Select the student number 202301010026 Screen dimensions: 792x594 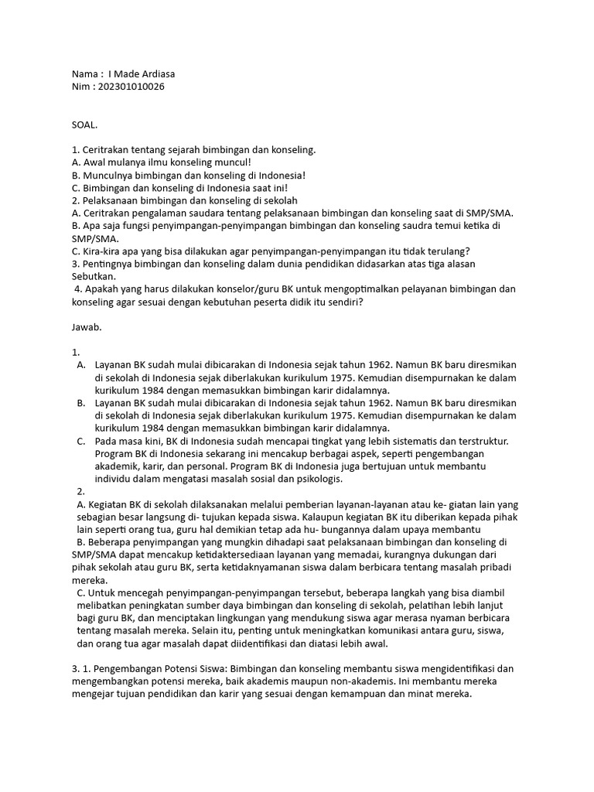(128, 87)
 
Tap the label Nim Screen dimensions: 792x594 (80, 87)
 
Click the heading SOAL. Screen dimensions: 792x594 (84, 124)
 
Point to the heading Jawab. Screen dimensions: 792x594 (86, 326)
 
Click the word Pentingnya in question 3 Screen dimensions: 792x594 (107, 264)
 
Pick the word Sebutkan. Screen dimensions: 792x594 (94, 276)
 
